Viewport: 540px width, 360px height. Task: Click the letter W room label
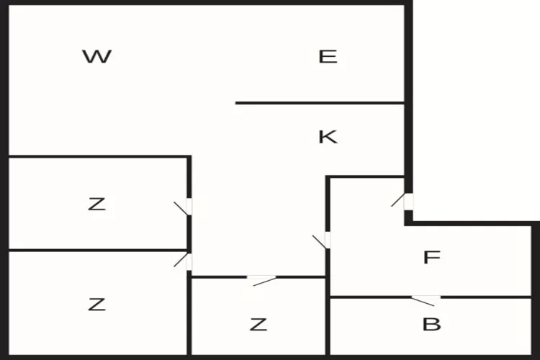click(x=96, y=57)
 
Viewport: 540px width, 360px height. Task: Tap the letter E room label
click(x=328, y=57)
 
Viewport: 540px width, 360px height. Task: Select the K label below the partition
click(x=328, y=137)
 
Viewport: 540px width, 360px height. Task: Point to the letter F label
click(x=431, y=258)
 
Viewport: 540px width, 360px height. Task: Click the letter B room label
click(x=431, y=325)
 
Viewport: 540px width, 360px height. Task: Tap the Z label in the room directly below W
click(x=96, y=204)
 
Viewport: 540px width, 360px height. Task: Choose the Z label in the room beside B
click(x=258, y=325)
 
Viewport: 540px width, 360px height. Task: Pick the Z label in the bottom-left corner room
click(x=96, y=305)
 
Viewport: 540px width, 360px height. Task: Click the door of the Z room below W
click(x=188, y=207)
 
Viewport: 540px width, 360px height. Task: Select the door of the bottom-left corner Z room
click(x=188, y=261)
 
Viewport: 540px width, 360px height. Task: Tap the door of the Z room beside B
click(x=261, y=277)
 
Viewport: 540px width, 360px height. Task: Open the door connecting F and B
click(x=426, y=297)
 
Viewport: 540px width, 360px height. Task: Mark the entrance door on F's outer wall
click(x=408, y=202)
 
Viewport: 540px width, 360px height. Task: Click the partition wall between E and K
click(x=320, y=103)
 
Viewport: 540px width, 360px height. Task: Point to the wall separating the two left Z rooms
click(x=94, y=251)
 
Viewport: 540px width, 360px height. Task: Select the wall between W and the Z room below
click(x=98, y=156)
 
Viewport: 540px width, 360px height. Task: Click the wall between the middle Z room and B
click(x=328, y=324)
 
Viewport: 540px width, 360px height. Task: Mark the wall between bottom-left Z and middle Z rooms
click(x=189, y=317)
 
